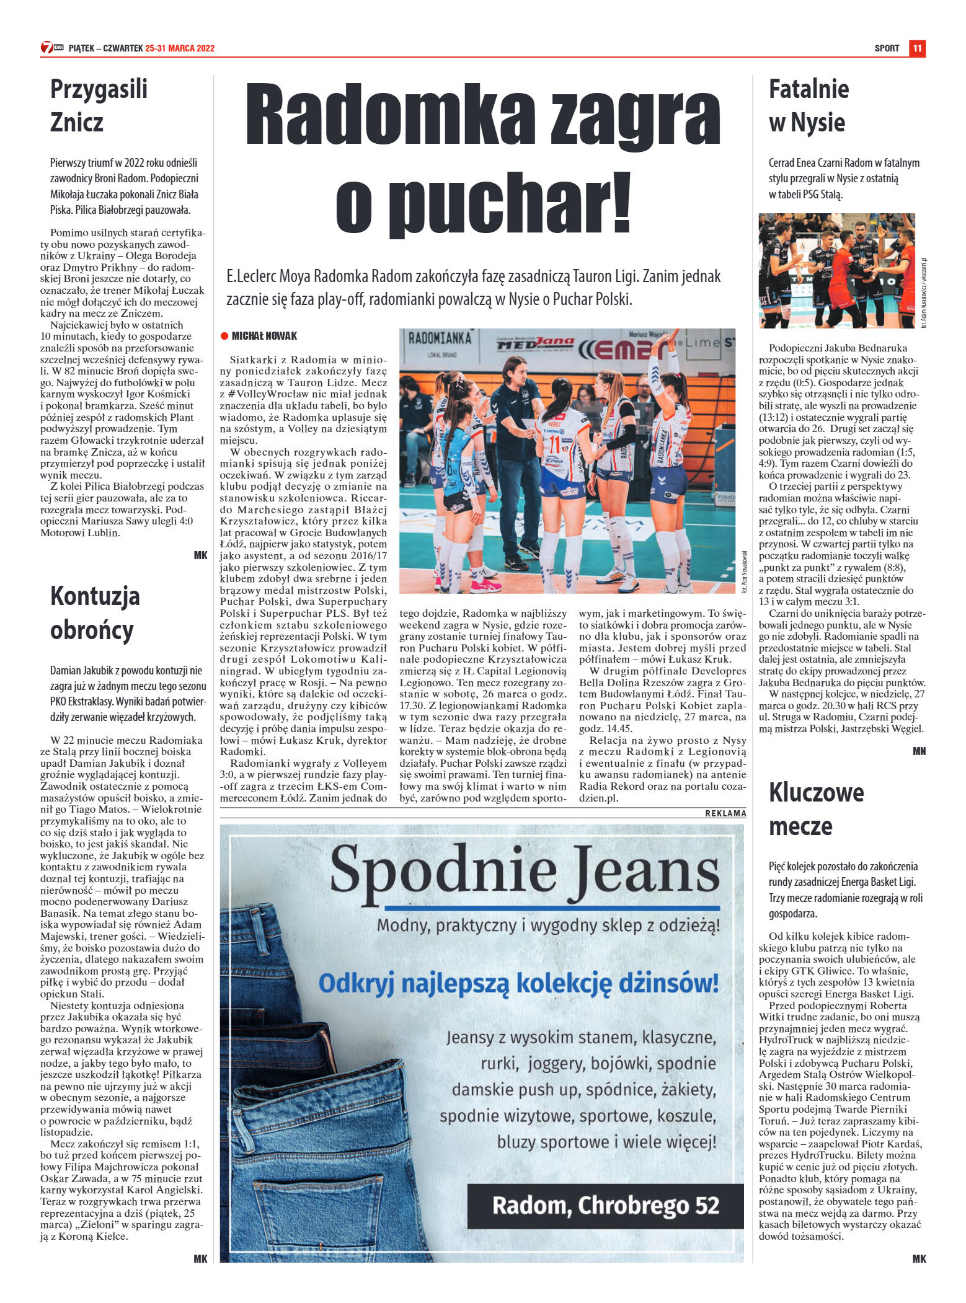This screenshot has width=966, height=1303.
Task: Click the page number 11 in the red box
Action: [x=917, y=48]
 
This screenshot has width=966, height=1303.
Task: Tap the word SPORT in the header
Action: [x=887, y=48]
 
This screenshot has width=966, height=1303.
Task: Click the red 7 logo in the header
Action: [x=47, y=48]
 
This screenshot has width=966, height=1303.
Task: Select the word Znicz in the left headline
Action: [x=76, y=122]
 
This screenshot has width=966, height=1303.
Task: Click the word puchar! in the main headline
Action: [x=483, y=203]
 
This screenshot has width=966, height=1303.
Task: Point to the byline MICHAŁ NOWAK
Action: [x=264, y=336]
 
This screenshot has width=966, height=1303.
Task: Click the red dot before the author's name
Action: [x=224, y=336]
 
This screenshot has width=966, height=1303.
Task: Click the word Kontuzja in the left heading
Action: [x=95, y=596]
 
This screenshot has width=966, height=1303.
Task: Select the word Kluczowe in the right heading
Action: [x=816, y=792]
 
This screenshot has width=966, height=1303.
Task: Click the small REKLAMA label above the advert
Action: [x=725, y=813]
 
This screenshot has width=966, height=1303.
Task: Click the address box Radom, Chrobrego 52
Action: [x=605, y=1206]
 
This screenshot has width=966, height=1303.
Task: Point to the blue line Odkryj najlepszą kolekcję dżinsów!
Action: [x=518, y=983]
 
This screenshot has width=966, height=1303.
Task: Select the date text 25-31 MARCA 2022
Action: [x=180, y=48]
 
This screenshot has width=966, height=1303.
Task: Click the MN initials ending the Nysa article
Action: [x=919, y=751]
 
